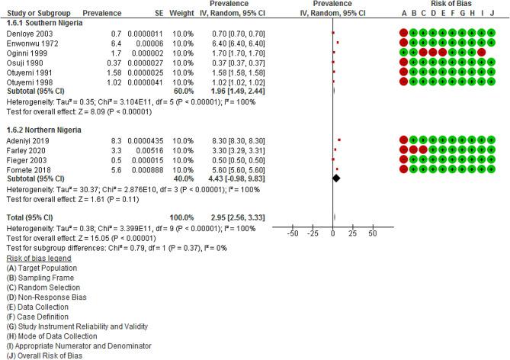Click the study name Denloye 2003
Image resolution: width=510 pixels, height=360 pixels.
pos(25,34)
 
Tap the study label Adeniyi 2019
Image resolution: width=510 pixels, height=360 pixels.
pos(24,141)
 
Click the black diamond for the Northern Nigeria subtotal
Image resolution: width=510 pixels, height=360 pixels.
pos(335,178)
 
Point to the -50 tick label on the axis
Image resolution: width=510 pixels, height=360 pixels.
pos(292,235)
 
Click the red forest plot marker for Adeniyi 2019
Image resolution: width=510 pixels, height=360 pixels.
pos(339,140)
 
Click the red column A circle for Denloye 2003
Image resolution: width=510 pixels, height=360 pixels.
pos(403,34)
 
